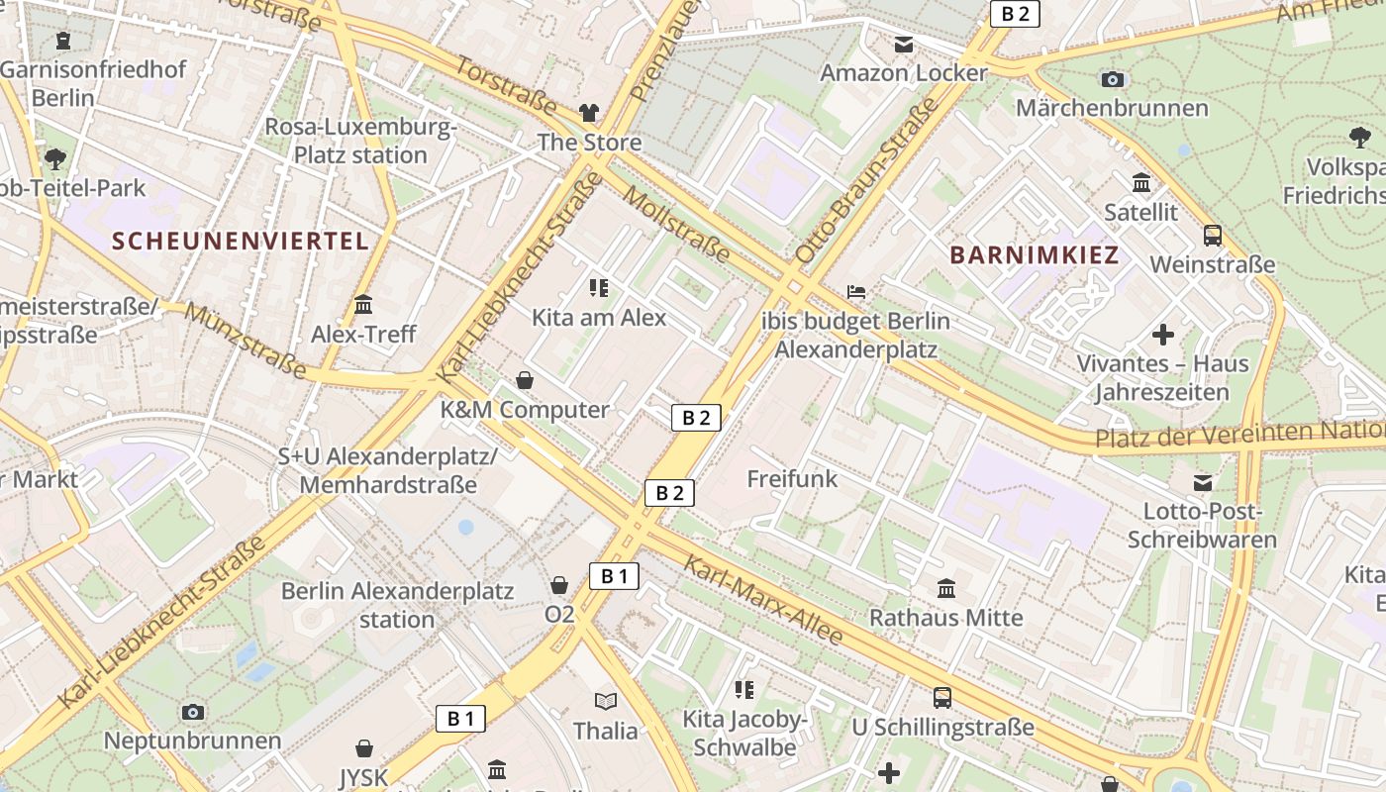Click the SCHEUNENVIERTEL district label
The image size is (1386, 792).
click(x=240, y=241)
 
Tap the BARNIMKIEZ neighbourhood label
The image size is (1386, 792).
click(x=1035, y=255)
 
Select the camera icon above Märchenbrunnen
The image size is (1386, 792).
click(x=1112, y=79)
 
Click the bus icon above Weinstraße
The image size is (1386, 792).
click(x=1212, y=236)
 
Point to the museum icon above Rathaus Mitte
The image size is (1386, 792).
click(x=945, y=589)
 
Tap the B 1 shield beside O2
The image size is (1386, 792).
click(x=614, y=575)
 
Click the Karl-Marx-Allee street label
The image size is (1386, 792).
click(x=763, y=600)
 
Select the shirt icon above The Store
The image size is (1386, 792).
click(x=589, y=113)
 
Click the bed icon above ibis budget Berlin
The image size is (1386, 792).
click(x=856, y=292)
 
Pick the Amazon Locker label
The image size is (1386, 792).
click(x=903, y=73)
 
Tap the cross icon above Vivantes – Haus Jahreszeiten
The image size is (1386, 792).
click(x=1163, y=335)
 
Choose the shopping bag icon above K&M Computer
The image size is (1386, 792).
click(x=525, y=380)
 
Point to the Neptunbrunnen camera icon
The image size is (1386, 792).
click(x=193, y=712)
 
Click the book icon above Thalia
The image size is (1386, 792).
click(x=605, y=701)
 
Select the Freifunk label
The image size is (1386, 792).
click(x=792, y=479)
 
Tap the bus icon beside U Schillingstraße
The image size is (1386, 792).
click(x=942, y=698)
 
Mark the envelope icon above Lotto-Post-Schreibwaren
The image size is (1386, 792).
click(x=1202, y=483)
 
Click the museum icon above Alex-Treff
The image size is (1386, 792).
click(x=363, y=304)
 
